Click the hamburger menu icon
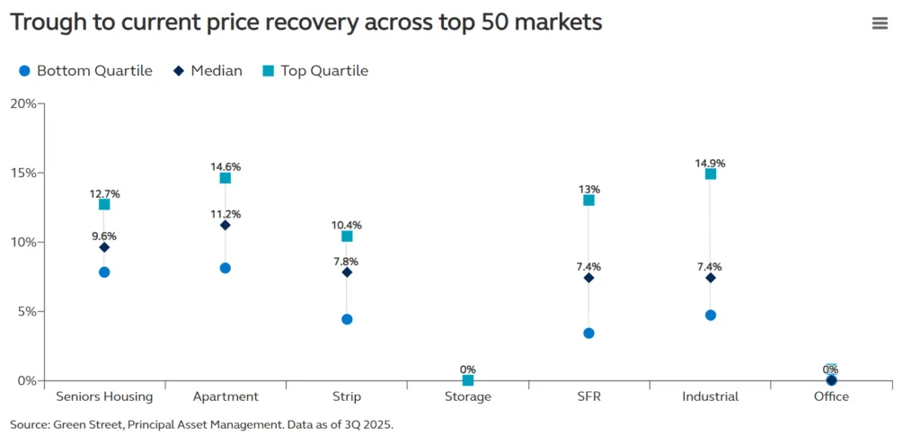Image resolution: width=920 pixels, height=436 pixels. [x=880, y=23]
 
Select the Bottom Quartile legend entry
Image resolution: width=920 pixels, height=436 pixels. [x=84, y=70]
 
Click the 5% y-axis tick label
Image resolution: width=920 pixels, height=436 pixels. [x=26, y=311]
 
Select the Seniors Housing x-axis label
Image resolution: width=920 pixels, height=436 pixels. [x=104, y=396]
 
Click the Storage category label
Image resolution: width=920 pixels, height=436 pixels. [x=467, y=396]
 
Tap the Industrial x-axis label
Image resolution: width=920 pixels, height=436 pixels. [x=710, y=396]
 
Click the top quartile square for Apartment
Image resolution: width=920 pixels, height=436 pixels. [x=226, y=178]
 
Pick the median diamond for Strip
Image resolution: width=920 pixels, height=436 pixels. [x=347, y=272]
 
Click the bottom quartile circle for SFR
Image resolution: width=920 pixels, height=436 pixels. [x=588, y=334]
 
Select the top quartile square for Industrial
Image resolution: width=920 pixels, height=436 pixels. [x=711, y=174]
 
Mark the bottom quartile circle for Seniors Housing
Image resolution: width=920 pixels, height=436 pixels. [x=104, y=272]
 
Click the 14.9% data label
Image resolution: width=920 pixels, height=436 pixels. [x=710, y=164]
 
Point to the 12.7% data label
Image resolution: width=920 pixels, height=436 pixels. [x=104, y=194]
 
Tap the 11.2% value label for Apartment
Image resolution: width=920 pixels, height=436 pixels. [x=226, y=214]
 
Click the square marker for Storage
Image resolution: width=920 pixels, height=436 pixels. [x=468, y=380]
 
